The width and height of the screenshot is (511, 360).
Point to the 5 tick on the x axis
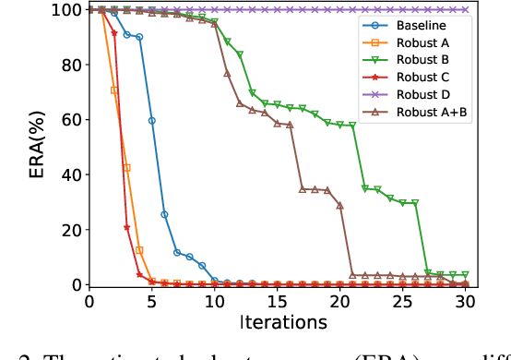152,301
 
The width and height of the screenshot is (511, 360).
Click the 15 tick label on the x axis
278,301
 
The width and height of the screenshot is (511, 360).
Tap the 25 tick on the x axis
403,301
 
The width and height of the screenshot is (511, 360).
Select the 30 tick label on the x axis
466,301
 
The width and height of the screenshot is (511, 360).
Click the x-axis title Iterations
278,322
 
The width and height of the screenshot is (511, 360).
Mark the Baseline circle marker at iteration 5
152,121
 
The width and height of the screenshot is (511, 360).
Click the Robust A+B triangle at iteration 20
340,206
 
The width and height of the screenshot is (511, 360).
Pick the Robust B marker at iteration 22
365,188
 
